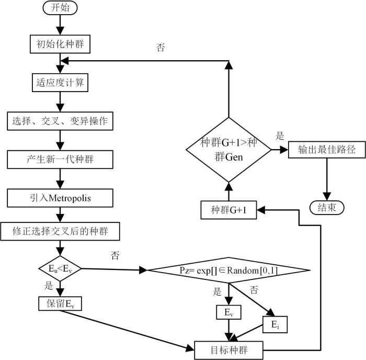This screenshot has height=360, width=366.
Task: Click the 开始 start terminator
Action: click(60, 8)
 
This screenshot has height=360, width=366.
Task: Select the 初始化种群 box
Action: click(60, 44)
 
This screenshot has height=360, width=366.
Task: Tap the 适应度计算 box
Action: click(60, 83)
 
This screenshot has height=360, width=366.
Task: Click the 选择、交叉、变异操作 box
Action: click(60, 121)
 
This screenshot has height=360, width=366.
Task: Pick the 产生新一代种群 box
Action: click(60, 160)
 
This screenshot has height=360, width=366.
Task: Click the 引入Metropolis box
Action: click(60, 198)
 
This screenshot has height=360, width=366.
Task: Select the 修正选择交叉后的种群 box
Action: click(60, 231)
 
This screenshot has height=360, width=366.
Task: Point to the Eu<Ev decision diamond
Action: click(60, 268)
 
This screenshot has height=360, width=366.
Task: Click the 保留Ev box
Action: click(60, 303)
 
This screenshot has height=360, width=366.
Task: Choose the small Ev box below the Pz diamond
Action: click(229, 312)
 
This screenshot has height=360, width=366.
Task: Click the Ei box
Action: click(275, 324)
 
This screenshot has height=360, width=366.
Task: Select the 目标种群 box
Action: click(229, 351)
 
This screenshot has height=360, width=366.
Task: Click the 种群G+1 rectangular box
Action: click(229, 210)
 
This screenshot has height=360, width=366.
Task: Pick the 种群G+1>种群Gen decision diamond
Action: click(229, 150)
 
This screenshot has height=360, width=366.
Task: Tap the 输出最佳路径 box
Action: click(327, 150)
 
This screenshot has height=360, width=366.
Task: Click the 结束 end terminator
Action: click(327, 207)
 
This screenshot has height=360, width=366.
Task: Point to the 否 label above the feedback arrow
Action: click(161, 48)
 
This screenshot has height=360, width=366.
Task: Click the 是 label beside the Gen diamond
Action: click(280, 136)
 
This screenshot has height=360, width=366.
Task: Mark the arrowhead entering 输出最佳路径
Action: click(284, 150)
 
